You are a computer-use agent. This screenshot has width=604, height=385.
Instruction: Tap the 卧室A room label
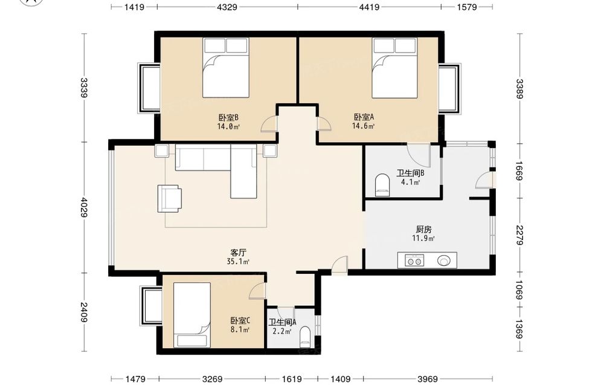[364, 117]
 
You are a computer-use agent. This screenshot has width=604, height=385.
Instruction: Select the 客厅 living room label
[238, 253]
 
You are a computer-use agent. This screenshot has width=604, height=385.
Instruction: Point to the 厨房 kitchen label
[424, 230]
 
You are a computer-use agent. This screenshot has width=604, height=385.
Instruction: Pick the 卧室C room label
[240, 321]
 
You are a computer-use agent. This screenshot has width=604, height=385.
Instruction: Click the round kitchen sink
[443, 260]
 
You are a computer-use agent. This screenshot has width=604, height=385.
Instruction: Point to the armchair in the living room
[169, 198]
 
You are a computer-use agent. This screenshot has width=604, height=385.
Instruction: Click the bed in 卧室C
[192, 315]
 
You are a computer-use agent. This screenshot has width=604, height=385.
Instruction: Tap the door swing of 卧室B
[269, 124]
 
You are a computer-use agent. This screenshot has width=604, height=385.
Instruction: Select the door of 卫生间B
[419, 156]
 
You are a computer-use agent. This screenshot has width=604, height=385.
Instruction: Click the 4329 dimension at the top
[227, 7]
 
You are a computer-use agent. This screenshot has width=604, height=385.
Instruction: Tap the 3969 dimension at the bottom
[428, 379]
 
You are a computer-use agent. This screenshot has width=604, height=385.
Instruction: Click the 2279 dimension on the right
[519, 235]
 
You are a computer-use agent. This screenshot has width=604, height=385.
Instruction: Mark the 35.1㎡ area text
[238, 262]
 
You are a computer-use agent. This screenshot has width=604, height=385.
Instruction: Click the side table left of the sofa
[162, 150]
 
